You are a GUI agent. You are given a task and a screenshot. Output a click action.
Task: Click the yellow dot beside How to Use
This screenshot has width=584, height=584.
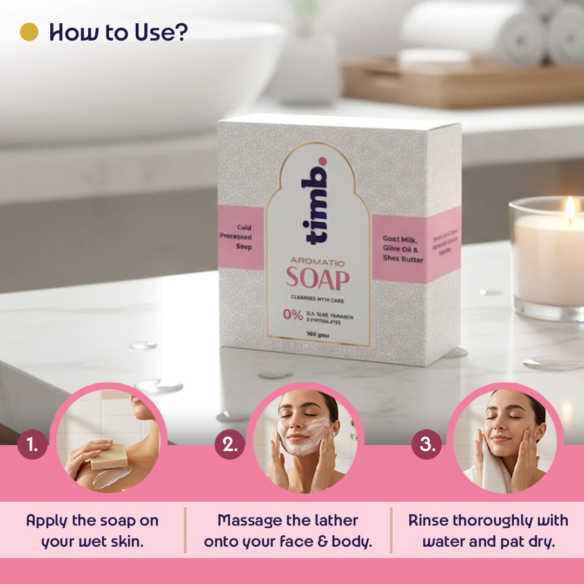(29, 32)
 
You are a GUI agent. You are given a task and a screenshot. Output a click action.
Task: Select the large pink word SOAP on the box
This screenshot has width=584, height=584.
(317, 279)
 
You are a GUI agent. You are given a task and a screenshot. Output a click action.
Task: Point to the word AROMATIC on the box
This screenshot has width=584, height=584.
(317, 262)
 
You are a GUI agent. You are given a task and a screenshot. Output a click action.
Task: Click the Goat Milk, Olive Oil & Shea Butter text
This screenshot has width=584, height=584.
(403, 248)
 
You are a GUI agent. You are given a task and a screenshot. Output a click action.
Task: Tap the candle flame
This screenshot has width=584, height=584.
(569, 207)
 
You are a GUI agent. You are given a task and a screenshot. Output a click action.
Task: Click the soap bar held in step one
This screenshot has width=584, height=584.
(109, 456)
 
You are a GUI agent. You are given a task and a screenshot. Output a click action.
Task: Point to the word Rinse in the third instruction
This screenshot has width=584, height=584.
(428, 521)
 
